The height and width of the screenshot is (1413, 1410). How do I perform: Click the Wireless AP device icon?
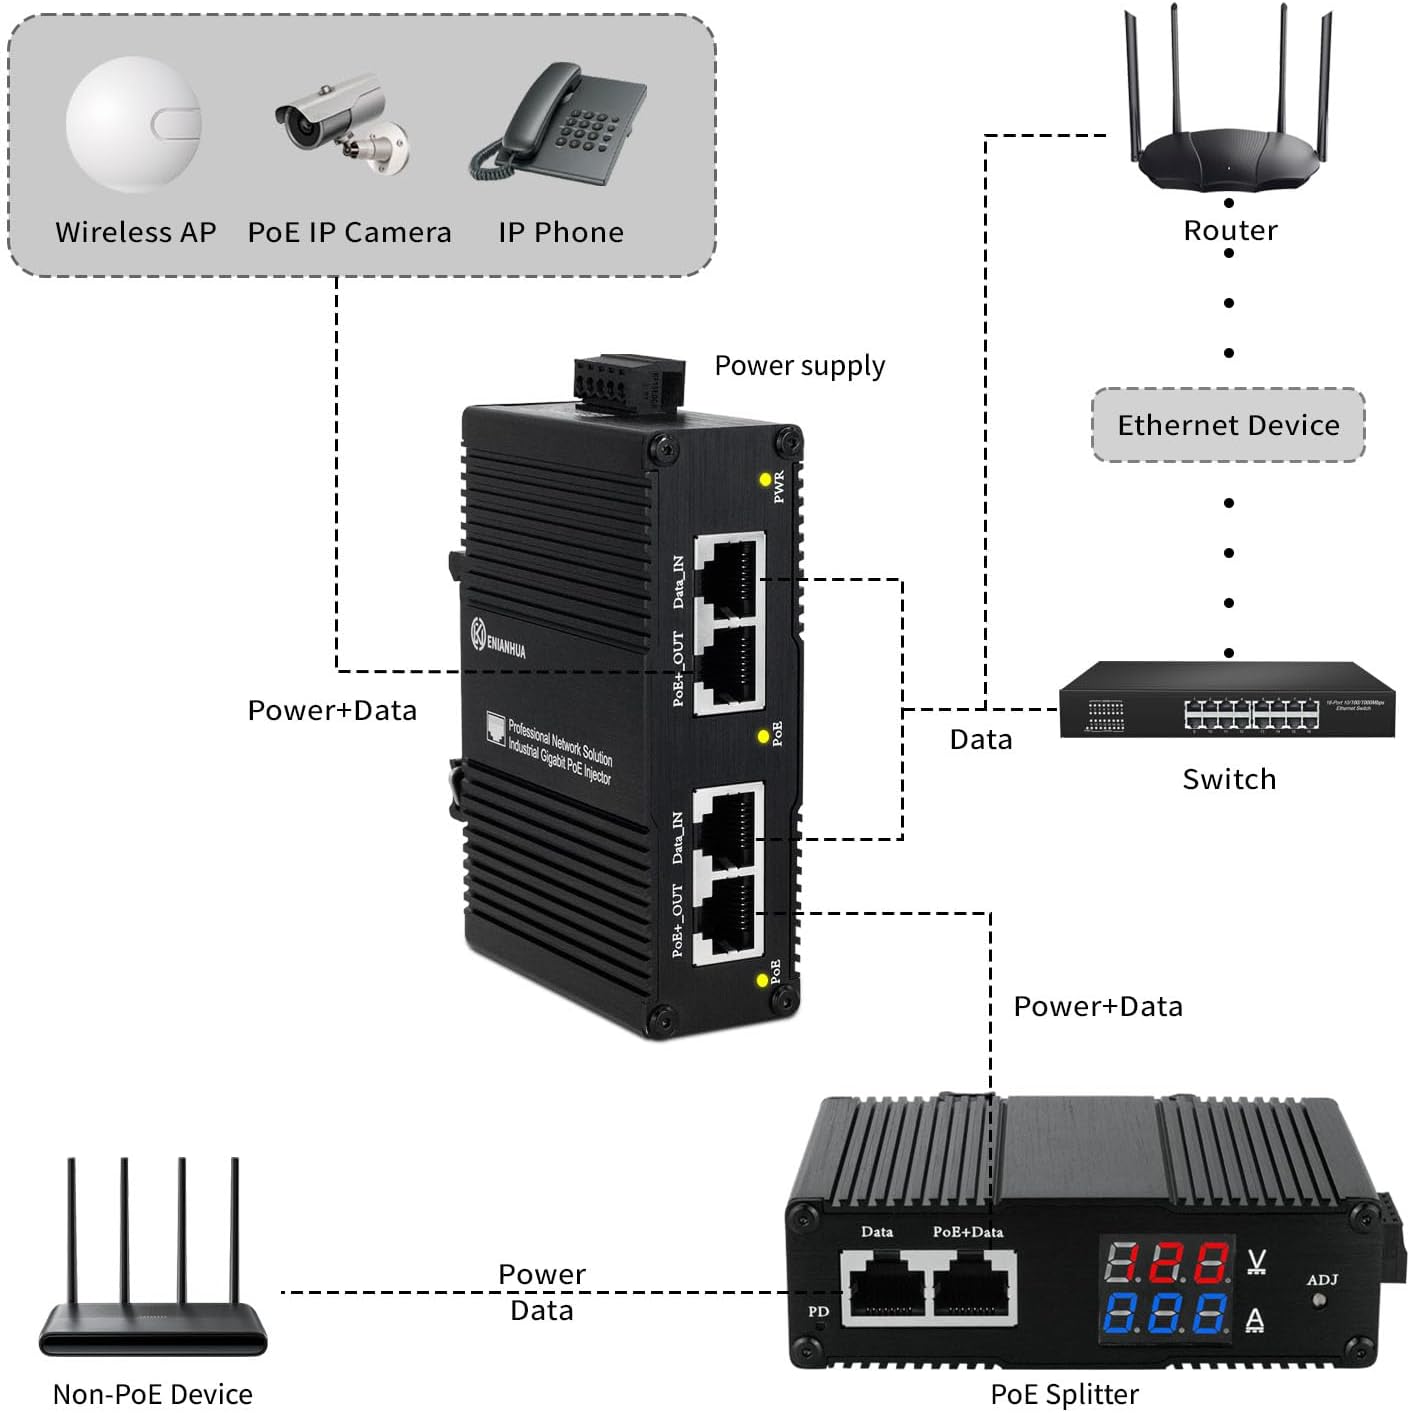click(x=134, y=125)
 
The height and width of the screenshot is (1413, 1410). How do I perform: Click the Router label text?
click(x=1230, y=231)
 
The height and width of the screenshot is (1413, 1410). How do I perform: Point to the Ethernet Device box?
click(x=1228, y=425)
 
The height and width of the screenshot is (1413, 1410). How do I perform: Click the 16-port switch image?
click(x=1227, y=700)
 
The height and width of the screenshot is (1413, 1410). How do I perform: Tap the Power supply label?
click(x=799, y=366)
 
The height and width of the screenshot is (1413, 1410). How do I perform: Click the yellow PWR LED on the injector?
click(x=766, y=480)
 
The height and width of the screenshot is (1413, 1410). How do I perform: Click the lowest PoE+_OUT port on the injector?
click(x=728, y=919)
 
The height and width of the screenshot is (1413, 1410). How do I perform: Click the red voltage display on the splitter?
click(x=1167, y=1263)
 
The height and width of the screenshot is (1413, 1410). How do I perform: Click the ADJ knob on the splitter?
click(x=1319, y=1301)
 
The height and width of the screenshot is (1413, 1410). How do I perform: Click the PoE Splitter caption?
click(x=1064, y=1394)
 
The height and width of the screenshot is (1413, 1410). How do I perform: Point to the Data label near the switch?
click(x=980, y=740)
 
